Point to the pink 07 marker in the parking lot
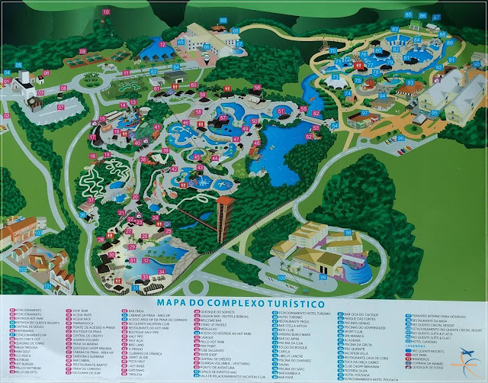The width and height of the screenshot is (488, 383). (x=61, y=108)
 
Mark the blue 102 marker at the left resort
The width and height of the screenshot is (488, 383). (x=23, y=269)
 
